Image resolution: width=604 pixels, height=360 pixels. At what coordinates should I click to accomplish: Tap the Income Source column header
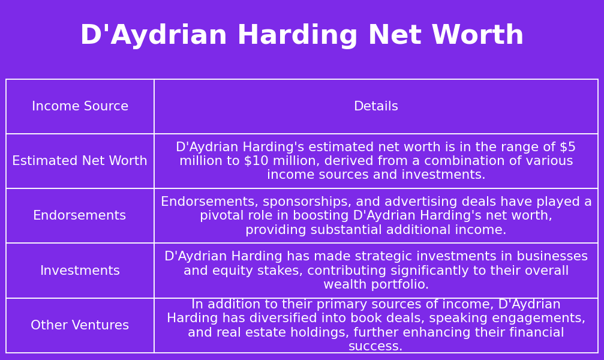point(80,107)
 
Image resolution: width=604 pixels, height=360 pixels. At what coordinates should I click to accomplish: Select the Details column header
point(376,107)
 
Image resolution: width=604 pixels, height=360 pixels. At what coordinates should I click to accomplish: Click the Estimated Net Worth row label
point(80,161)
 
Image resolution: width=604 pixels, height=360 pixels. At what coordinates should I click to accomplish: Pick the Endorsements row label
point(80,216)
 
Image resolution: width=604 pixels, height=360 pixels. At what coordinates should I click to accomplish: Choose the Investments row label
point(80,271)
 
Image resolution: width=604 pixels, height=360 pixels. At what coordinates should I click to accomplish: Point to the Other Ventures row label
point(80,326)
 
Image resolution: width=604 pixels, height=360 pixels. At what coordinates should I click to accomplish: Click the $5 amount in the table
point(567,148)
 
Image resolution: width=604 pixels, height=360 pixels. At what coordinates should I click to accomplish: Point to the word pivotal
point(222,216)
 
